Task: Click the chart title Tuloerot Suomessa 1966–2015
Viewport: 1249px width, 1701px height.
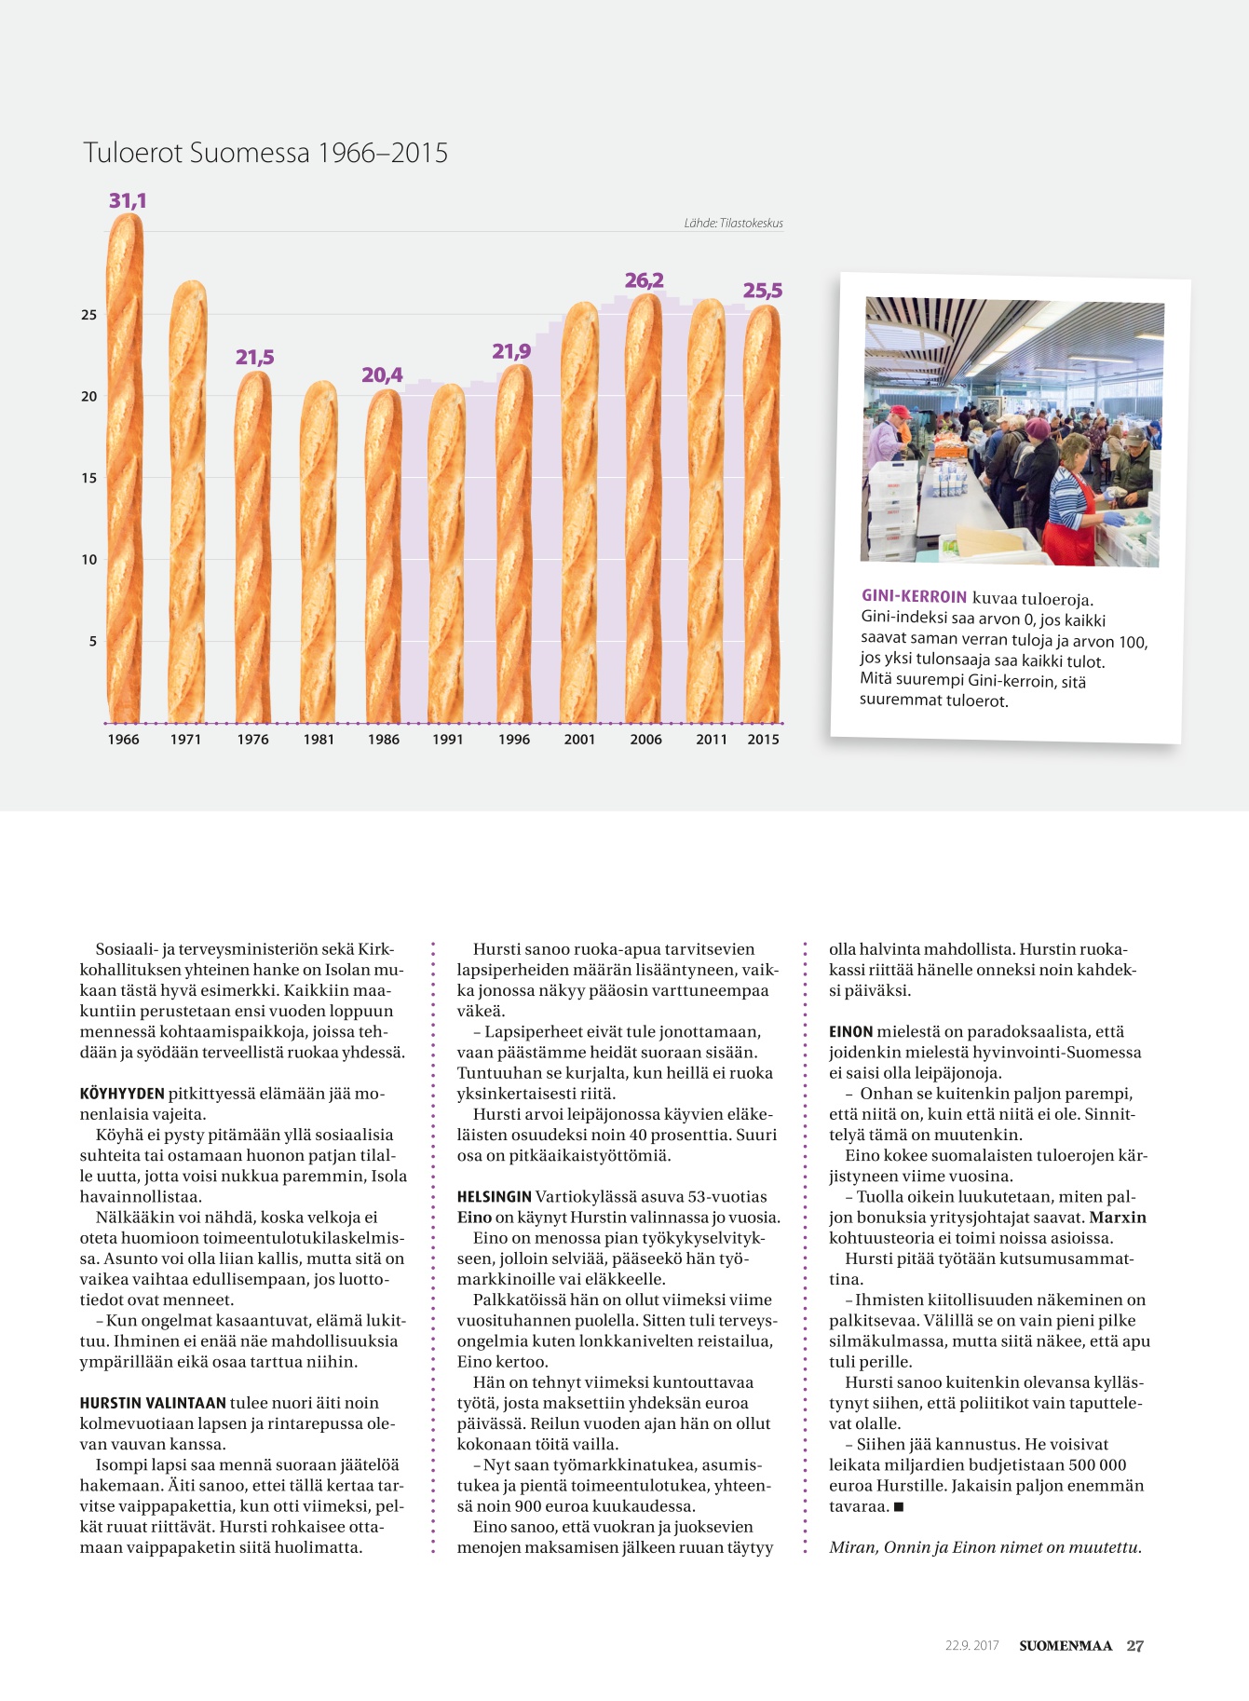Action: tap(265, 153)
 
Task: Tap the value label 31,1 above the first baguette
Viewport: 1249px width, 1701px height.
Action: tap(128, 200)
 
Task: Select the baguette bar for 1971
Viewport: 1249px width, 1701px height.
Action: tap(187, 503)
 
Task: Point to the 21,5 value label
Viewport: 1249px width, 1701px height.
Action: tap(254, 358)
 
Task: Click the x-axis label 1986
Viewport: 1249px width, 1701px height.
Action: tap(383, 740)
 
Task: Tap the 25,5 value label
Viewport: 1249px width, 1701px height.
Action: tap(762, 291)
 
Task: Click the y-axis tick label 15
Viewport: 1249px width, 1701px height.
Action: tap(89, 478)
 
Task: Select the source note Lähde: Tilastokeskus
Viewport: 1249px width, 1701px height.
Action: tap(733, 224)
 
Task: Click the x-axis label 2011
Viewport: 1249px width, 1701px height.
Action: tap(712, 740)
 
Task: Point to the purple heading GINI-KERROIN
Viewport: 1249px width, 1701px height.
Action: tap(914, 596)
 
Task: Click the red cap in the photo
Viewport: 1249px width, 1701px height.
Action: tap(899, 411)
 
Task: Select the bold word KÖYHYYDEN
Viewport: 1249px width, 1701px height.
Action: tap(122, 1094)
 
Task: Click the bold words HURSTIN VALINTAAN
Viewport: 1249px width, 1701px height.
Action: tap(153, 1403)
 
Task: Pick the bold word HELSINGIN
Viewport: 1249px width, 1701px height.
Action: tap(494, 1197)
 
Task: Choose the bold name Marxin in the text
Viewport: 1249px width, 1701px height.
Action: tap(1118, 1218)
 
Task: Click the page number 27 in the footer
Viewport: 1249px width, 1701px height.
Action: tap(1134, 1646)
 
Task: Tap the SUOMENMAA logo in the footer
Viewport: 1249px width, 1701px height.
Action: tap(1066, 1646)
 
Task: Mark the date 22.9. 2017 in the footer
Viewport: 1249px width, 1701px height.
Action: tap(971, 1646)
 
